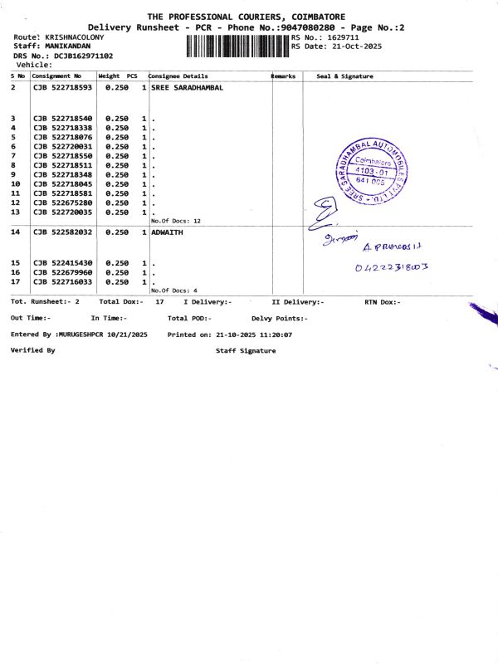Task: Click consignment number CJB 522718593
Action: click(x=62, y=87)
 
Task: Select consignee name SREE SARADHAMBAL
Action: click(x=188, y=87)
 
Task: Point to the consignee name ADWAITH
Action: click(x=167, y=232)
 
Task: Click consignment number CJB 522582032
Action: click(x=62, y=232)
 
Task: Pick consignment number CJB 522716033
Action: click(x=62, y=282)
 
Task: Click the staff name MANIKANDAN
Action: click(x=68, y=46)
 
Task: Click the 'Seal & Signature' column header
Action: click(x=344, y=76)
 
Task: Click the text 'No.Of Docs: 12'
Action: click(x=176, y=222)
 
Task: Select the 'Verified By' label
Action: click(x=32, y=350)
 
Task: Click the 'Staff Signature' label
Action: click(x=246, y=350)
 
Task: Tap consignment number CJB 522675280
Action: click(x=62, y=203)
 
